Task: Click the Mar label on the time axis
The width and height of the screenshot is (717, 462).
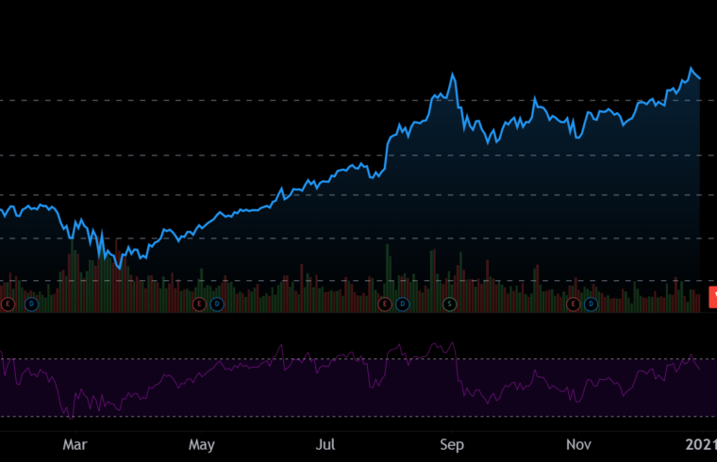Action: click(75, 441)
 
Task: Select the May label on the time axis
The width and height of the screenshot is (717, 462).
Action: click(202, 441)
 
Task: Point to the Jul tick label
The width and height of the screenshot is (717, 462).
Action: click(326, 441)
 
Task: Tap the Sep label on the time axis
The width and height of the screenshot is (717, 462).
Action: click(453, 441)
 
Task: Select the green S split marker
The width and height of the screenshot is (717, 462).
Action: click(450, 304)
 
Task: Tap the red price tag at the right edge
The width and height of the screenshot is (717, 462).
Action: click(712, 296)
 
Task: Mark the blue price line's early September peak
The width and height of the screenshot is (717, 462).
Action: click(454, 74)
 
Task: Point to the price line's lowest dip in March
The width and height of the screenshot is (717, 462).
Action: click(120, 268)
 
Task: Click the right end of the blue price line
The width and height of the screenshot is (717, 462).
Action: click(700, 78)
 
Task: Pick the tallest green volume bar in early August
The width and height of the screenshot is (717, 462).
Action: click(388, 247)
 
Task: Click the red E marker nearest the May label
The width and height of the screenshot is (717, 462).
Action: click(198, 304)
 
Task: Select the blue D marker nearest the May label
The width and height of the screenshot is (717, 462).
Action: click(215, 304)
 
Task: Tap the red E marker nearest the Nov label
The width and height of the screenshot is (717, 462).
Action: click(573, 304)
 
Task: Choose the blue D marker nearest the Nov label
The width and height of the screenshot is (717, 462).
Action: click(590, 304)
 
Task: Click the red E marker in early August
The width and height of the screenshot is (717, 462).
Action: click(384, 304)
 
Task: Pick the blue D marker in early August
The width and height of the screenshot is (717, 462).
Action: click(401, 304)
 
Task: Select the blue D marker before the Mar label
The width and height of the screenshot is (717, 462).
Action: click(31, 304)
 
